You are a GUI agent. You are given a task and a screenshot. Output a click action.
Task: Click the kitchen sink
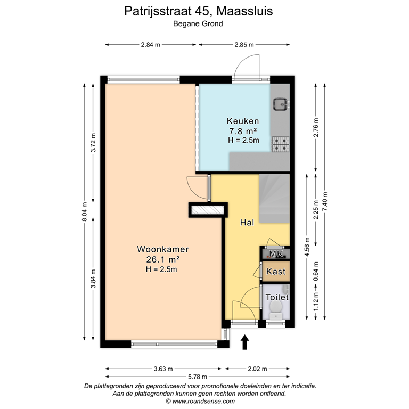click(280, 104)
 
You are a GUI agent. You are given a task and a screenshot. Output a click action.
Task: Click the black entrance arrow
click(245, 341)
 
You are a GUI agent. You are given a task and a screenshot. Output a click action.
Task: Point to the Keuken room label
click(243, 121)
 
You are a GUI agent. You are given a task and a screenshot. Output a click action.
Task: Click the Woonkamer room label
click(163, 249)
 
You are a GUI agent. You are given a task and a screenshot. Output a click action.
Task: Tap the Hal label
click(247, 223)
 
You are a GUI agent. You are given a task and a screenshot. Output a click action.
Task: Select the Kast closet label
click(276, 271)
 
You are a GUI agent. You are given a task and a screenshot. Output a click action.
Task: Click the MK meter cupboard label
click(275, 253)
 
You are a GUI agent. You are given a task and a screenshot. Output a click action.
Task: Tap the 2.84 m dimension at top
click(151, 45)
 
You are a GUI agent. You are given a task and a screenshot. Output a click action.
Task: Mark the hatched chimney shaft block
click(206, 210)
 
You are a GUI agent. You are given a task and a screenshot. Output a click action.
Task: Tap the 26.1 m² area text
click(163, 259)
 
